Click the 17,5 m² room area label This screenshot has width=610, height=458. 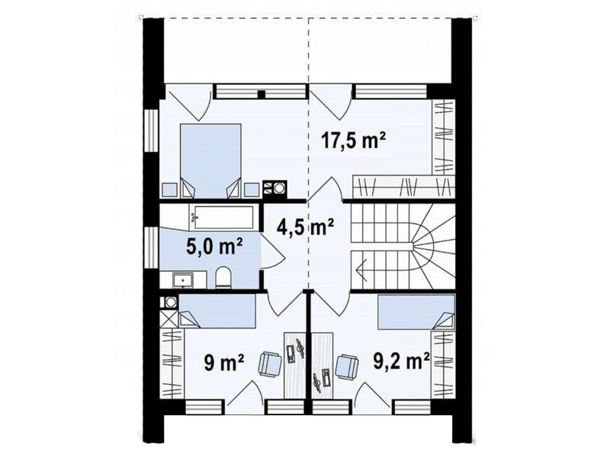point(353,140)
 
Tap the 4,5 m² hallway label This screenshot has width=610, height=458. point(306,227)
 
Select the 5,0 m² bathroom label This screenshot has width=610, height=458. point(214,247)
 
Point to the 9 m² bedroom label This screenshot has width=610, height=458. point(223,363)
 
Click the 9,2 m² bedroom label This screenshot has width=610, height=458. point(402,361)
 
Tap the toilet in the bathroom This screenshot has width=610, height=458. point(223,277)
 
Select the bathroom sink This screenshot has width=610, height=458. point(183,280)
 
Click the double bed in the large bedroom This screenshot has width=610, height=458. point(210,160)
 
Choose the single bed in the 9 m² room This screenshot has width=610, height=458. point(217,311)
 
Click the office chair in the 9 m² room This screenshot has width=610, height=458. point(270,364)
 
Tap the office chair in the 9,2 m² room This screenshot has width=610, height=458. point(347,366)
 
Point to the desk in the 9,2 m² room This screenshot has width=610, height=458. point(323,366)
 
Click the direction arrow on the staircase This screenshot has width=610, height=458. point(360,269)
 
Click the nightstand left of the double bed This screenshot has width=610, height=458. point(169,189)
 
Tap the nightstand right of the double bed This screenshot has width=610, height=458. point(252,189)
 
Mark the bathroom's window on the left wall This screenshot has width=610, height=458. point(151,247)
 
